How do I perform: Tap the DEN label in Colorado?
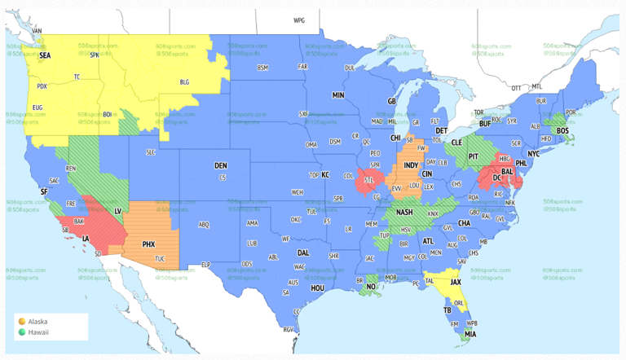[x=220, y=165]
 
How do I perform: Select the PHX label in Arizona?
[x=148, y=244]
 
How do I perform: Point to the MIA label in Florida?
[x=471, y=334]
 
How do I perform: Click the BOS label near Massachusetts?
[x=562, y=130]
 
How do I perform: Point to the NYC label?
[x=533, y=153]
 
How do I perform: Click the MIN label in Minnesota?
[x=337, y=95]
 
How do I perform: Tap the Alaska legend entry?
[x=37, y=322]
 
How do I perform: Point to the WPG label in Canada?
[x=298, y=20]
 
